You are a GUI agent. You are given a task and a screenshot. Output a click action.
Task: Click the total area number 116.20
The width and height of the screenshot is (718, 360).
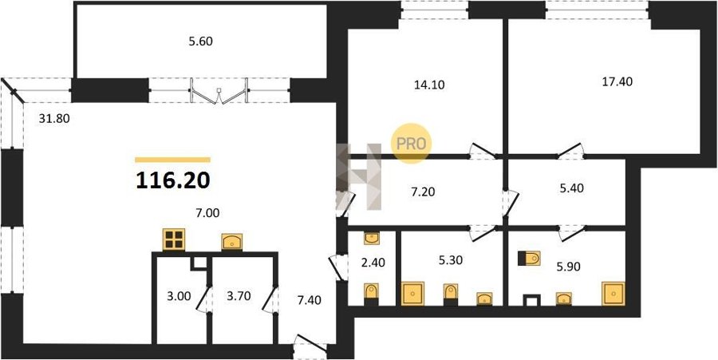pyautogui.click(x=173, y=181)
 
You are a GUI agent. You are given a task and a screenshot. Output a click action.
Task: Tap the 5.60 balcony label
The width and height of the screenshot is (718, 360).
pyautogui.click(x=201, y=42)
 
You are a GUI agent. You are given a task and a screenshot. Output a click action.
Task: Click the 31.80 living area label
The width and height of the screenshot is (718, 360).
pyautogui.click(x=54, y=120)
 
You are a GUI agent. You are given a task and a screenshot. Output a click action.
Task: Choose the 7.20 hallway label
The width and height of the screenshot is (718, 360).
pyautogui.click(x=423, y=192)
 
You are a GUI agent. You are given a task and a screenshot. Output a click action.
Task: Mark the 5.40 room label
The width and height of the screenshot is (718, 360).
pyautogui.click(x=572, y=188)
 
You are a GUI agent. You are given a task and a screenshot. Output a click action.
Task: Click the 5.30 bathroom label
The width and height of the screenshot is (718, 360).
pyautogui.click(x=450, y=260)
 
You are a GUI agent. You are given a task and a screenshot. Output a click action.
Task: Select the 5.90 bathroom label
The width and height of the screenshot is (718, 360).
pyautogui.click(x=569, y=267)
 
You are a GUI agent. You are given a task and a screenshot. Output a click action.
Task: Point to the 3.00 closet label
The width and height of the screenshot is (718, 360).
pyautogui.click(x=178, y=296)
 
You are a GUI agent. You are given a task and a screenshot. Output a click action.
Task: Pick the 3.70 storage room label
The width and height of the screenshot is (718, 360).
pyautogui.click(x=239, y=296)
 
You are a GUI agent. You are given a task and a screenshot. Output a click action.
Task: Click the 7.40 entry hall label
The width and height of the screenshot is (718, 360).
pyautogui.click(x=309, y=300)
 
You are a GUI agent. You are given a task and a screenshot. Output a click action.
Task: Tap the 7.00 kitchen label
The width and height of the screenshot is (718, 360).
pyautogui.click(x=207, y=212)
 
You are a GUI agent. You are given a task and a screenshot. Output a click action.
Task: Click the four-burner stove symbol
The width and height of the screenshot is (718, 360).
pyautogui.click(x=174, y=239)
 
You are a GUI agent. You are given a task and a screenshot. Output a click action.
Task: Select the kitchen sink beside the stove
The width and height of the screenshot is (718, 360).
pyautogui.click(x=232, y=242)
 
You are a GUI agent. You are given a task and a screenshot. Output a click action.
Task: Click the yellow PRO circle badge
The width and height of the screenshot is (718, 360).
pyautogui.click(x=411, y=144)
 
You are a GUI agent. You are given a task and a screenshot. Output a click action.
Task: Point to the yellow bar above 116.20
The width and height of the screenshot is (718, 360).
pyautogui.click(x=172, y=160)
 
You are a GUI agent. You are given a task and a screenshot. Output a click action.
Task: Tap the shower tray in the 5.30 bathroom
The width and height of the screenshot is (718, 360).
pyautogui.click(x=413, y=294)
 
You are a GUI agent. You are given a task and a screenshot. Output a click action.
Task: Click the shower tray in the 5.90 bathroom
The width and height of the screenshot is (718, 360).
pyautogui.click(x=613, y=294)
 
